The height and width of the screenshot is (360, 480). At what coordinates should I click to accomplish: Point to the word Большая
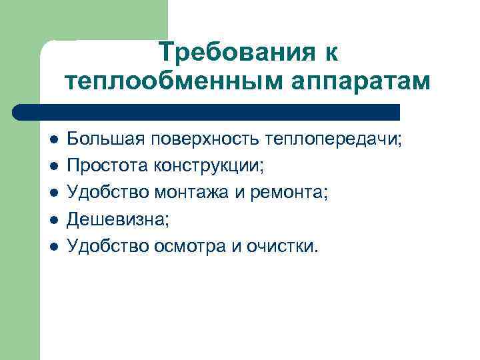click(x=106, y=139)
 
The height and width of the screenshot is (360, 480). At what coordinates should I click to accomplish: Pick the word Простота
click(x=108, y=166)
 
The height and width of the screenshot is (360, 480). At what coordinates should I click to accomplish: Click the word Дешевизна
click(x=113, y=219)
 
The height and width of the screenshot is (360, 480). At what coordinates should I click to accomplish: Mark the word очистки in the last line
click(x=283, y=246)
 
